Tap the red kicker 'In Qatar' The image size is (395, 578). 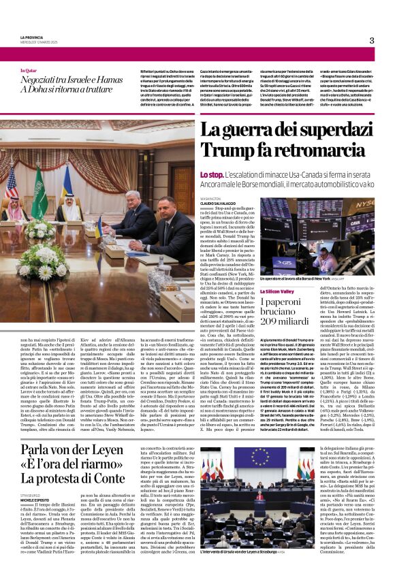28,70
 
